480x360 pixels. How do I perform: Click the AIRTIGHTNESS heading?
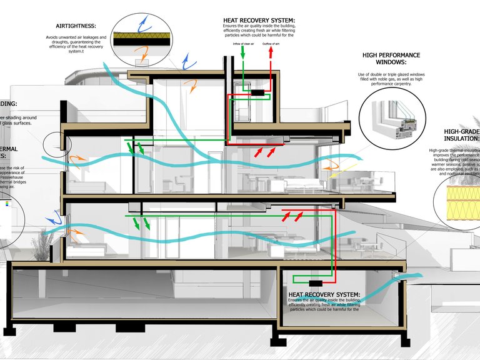(75, 26)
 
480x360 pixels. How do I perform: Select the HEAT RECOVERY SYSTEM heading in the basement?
(324, 294)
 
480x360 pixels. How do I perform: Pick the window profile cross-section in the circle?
(391, 119)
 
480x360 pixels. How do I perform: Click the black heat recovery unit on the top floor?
(257, 93)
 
